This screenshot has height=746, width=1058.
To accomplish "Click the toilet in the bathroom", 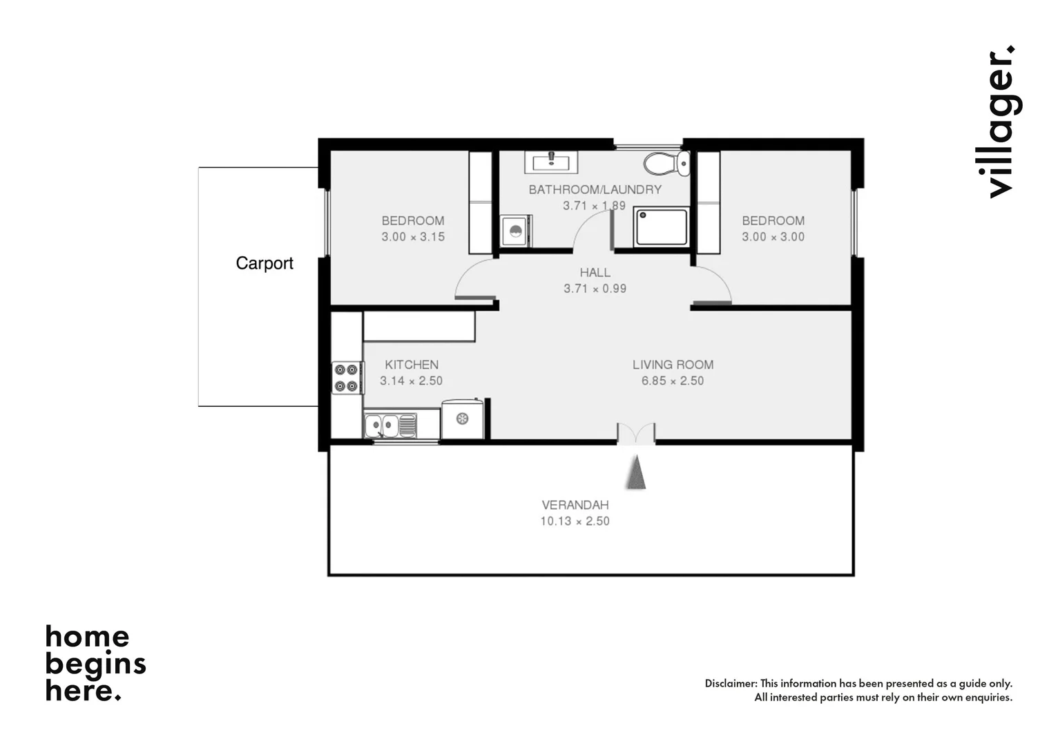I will (666, 164).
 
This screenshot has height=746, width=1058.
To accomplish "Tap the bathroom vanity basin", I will (551, 163).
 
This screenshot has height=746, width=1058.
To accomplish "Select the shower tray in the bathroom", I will (661, 227).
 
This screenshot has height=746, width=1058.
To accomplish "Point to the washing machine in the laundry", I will (515, 230).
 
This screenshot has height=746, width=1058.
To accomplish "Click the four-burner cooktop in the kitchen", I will (347, 377).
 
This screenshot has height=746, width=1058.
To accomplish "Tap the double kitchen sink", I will (390, 425).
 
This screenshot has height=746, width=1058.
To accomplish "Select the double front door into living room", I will (635, 433).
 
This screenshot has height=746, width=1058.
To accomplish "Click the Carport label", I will (264, 263).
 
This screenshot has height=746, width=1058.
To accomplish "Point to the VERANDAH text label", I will (575, 505).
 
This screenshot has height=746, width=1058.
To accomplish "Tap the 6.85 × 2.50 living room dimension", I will (672, 381).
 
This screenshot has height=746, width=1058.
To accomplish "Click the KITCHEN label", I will (412, 365).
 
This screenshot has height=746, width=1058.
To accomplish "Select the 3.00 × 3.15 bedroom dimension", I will (413, 237).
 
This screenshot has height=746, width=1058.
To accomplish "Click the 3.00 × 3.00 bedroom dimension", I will (773, 237).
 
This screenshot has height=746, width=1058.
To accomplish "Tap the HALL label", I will (595, 273).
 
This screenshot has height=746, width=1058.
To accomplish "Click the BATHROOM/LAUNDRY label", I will (595, 189).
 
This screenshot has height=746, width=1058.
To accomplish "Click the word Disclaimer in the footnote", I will (731, 683).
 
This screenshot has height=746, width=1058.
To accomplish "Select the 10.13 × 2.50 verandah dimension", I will (575, 522).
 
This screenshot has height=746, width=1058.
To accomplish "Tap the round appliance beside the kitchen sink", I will (462, 419).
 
